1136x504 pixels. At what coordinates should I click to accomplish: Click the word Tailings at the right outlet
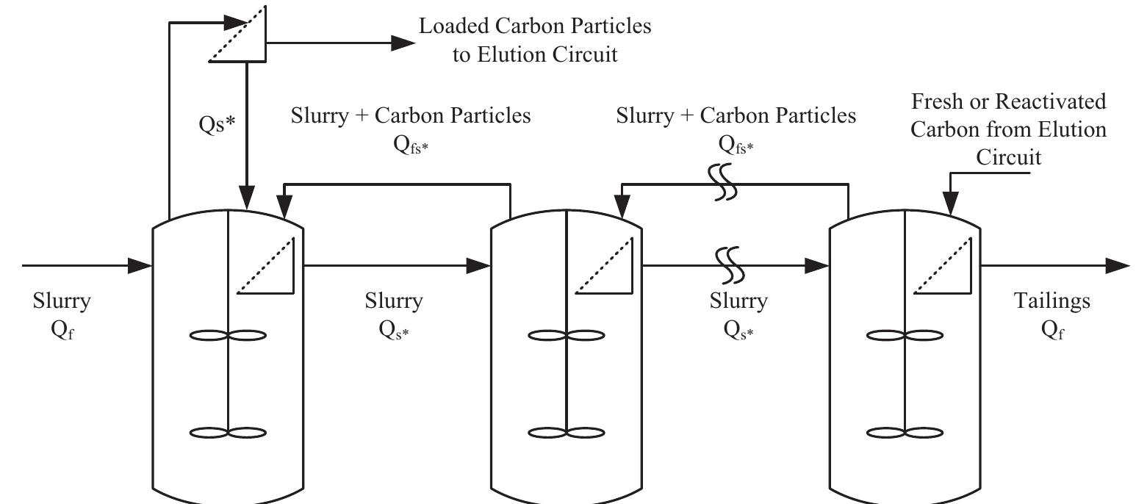[1052, 301]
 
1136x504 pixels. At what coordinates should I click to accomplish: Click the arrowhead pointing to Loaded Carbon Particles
[403, 43]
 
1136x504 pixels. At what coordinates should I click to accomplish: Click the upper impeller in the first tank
[229, 336]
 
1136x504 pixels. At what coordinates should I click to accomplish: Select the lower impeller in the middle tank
[567, 433]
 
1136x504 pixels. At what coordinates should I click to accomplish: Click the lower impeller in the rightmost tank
[905, 433]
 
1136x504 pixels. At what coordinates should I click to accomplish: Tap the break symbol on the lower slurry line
[729, 265]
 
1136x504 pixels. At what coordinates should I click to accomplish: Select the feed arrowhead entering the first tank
[140, 265]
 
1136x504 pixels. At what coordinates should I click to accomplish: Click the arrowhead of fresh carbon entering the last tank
[951, 205]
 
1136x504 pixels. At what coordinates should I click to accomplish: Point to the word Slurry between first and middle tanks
[394, 301]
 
